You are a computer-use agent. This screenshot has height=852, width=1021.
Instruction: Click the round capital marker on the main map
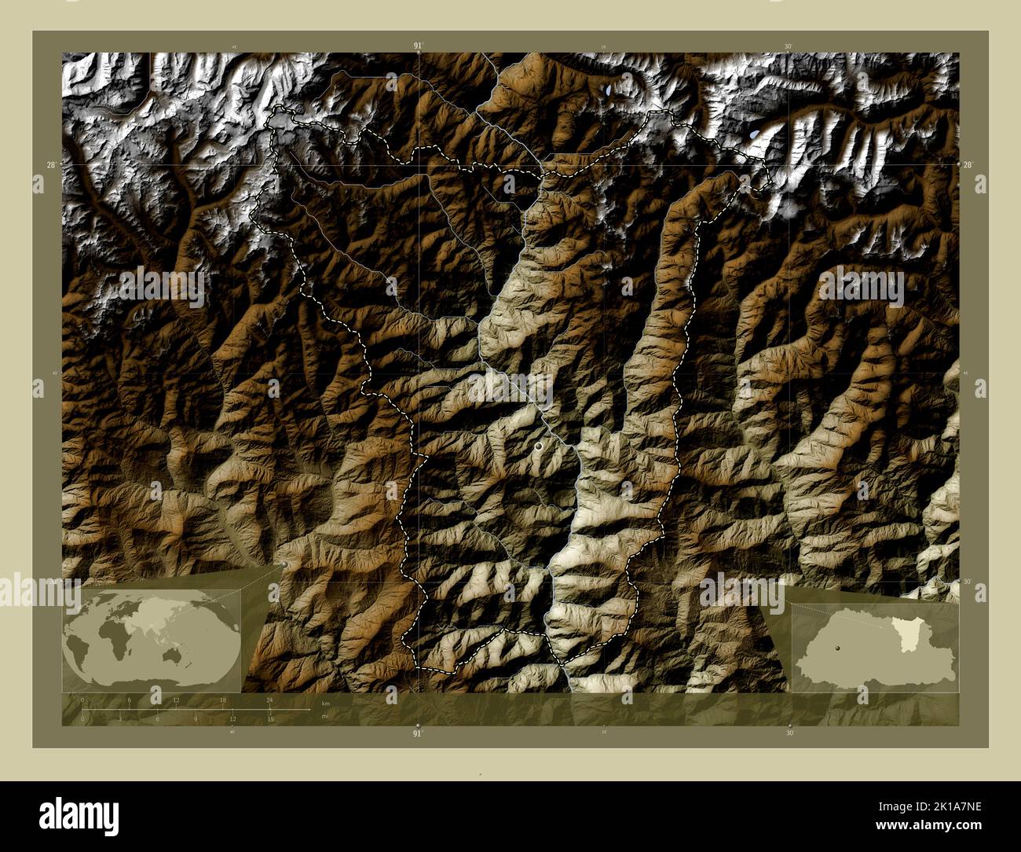538,446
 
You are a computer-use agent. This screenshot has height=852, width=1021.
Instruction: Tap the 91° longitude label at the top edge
418,46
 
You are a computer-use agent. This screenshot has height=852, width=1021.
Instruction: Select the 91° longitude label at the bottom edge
418,733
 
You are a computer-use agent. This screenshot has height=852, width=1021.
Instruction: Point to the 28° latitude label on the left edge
51,164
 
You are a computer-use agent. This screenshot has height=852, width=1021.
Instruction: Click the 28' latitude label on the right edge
968,164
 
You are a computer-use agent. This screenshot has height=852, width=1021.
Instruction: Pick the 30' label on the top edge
789,46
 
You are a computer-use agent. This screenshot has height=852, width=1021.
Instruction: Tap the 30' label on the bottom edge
789,733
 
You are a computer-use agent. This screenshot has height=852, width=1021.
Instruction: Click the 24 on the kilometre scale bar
269,700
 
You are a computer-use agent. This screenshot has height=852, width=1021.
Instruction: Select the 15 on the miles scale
269,719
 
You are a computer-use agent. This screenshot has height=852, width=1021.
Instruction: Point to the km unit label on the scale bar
326,701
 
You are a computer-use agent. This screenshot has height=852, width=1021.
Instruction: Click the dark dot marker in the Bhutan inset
839,647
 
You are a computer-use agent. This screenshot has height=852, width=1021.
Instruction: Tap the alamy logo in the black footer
79,816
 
